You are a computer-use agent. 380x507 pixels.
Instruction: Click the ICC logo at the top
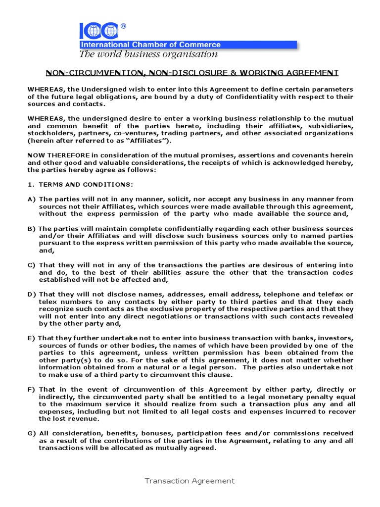tap(98, 31)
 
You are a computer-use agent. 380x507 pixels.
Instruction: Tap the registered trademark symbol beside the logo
tap(123, 26)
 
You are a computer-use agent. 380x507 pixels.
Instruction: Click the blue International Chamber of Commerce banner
tap(188, 45)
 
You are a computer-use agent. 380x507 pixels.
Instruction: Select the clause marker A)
tap(31, 199)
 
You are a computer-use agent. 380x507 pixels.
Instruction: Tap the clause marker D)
tap(31, 294)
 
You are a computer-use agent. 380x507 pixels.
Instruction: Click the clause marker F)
tap(31, 390)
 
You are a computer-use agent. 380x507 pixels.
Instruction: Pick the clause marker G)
tap(31, 433)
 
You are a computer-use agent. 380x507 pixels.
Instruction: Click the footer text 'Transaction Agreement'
tap(190, 481)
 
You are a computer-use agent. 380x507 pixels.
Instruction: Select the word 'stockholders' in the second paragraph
tap(49, 133)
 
